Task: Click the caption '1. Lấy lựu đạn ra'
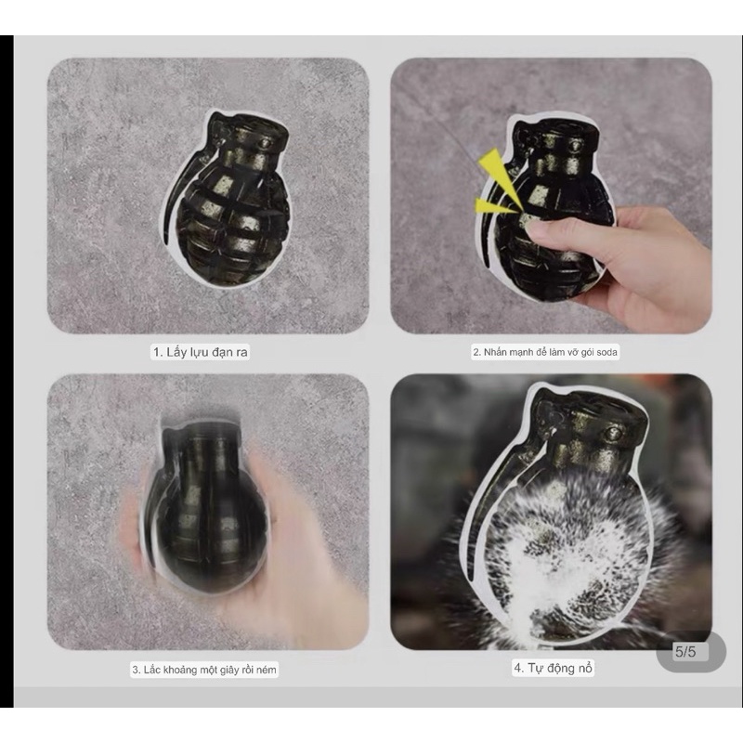pyautogui.click(x=200, y=352)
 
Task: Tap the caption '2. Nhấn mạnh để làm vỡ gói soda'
pyautogui.click(x=545, y=352)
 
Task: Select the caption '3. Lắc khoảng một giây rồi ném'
pyautogui.click(x=203, y=670)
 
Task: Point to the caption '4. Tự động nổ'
pyautogui.click(x=553, y=668)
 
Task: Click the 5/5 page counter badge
pyautogui.click(x=691, y=652)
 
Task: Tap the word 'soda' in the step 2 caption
pyautogui.click(x=606, y=352)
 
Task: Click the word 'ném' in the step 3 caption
pyautogui.click(x=266, y=670)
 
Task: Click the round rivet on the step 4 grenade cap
pyautogui.click(x=614, y=434)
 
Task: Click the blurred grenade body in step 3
pyautogui.click(x=206, y=512)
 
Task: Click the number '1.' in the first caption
pyautogui.click(x=159, y=352)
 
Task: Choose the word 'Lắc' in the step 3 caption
pyautogui.click(x=152, y=670)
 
